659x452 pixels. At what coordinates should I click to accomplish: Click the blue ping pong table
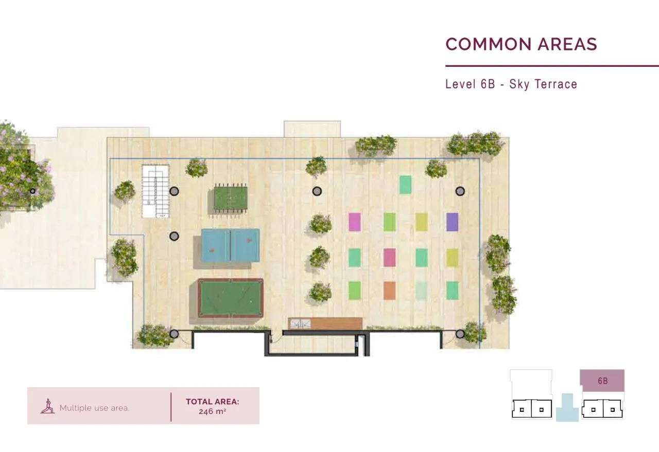230,245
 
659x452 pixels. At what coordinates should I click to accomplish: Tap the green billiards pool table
230,298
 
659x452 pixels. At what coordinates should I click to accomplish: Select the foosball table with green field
230,198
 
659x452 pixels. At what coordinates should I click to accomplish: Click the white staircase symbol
155,191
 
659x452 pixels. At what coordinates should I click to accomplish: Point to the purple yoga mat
452,222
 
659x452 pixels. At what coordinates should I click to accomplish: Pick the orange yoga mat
390,291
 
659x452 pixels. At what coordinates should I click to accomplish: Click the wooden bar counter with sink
325,323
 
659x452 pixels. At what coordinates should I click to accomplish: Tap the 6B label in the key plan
602,381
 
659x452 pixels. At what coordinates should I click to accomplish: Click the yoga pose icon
48,406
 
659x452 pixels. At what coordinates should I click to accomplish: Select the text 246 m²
213,411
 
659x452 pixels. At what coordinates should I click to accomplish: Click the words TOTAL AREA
213,402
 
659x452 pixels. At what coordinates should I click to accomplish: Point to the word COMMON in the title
489,44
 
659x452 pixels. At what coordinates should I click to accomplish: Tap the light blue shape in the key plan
567,407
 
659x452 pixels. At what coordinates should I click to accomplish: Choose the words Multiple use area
94,408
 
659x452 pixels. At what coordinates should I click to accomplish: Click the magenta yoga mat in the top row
355,222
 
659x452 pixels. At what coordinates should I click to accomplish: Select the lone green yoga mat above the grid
405,185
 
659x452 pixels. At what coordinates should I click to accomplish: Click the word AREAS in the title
567,44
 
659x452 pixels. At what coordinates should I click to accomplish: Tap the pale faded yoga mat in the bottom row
421,291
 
